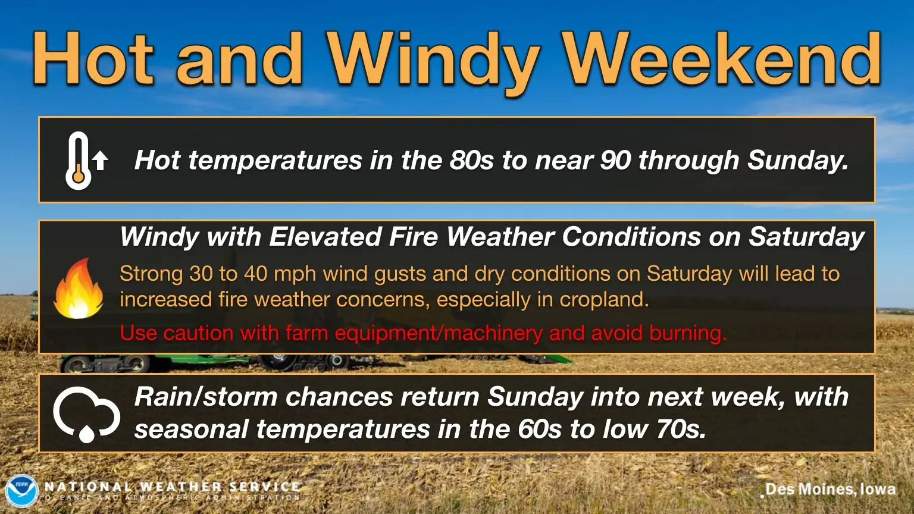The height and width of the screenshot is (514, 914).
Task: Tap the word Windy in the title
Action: [x=432, y=63]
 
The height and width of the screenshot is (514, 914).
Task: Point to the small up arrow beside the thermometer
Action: [x=100, y=160]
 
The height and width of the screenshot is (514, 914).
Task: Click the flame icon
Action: [x=79, y=289]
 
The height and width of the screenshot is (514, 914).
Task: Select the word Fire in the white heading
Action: [x=414, y=237]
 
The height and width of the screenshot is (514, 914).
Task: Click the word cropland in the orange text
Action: [x=604, y=300]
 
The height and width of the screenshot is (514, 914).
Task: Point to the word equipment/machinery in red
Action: [x=414, y=334]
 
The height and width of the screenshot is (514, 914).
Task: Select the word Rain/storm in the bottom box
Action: [x=206, y=397]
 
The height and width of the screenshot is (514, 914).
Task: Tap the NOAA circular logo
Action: [x=21, y=491]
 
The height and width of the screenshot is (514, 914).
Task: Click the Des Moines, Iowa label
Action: [x=830, y=489]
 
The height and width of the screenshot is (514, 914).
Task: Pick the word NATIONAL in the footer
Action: [x=88, y=486]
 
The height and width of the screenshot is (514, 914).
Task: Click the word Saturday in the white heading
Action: [x=806, y=237]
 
